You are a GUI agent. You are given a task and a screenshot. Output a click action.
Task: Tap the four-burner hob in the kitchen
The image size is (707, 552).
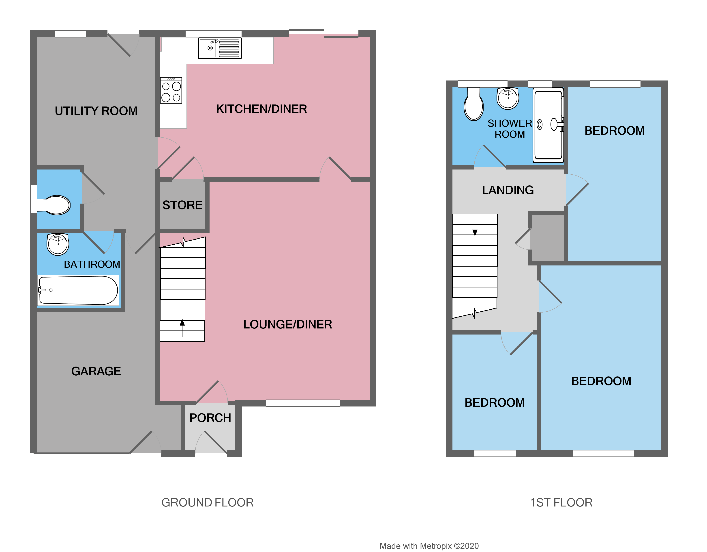coord(171,90)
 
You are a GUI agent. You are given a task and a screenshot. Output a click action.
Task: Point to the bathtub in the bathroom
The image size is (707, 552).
coord(78,290)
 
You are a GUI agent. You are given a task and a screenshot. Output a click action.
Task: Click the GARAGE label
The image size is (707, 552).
coord(96,371)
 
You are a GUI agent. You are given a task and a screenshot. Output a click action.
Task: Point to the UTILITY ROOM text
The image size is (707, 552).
coord(96,111)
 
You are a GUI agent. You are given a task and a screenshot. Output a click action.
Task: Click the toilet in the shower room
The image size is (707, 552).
coord(473,104)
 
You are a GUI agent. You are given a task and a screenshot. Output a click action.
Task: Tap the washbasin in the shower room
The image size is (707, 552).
coord(508,98)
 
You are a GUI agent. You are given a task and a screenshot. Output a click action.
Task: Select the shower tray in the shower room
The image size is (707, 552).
coord(548,125)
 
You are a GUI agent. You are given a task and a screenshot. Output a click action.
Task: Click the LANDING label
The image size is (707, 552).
coord(508,190)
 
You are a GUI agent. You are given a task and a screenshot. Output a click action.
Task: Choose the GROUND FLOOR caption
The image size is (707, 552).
coord(208,502)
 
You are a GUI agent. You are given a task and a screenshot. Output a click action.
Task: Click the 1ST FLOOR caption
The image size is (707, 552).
coord(561,502)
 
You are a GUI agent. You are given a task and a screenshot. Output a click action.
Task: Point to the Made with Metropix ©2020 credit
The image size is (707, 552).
coord(429,546)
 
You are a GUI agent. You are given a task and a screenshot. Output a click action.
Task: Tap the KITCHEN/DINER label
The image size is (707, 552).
coord(261,109)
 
